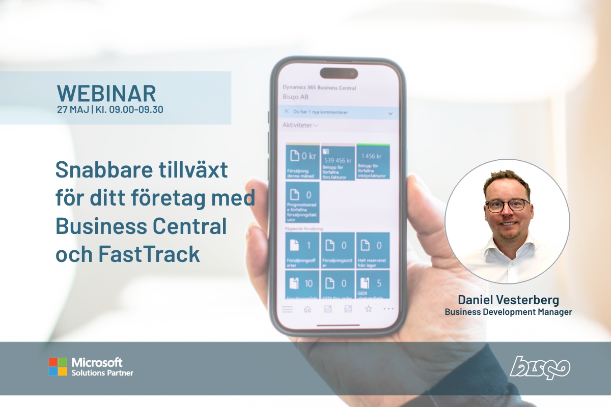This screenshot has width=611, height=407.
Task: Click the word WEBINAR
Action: (106, 94)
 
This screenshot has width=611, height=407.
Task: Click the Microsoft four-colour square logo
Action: (58, 367)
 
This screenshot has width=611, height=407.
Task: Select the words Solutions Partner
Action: (102, 373)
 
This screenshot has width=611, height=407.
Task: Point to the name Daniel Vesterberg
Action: (508, 300)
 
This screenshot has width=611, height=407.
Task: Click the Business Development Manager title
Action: (508, 312)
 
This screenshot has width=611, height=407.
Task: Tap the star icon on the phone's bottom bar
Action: (368, 308)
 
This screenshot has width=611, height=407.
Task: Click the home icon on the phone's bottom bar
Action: (307, 308)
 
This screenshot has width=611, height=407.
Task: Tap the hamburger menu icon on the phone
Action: (287, 309)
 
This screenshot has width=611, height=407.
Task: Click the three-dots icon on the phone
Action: (388, 308)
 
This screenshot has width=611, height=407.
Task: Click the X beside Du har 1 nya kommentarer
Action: (287, 111)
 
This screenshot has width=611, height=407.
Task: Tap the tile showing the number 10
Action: (302, 284)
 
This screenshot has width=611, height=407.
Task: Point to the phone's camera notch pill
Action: (338, 73)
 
